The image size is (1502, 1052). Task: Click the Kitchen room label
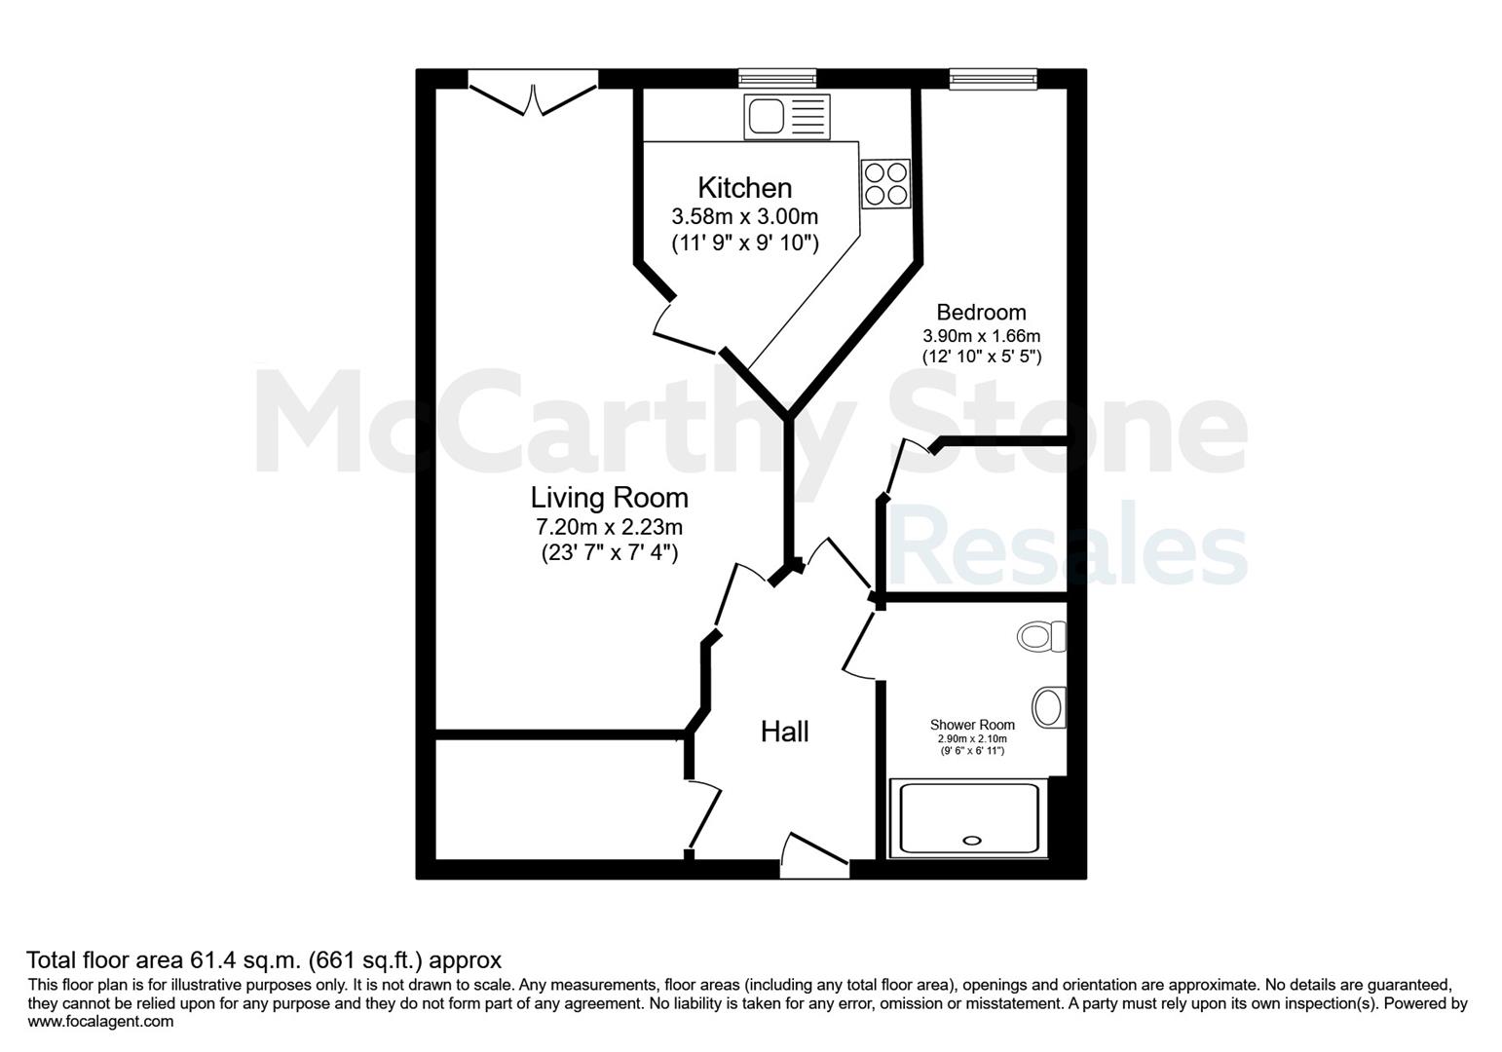[x=745, y=188]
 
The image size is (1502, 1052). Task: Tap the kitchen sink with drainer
[x=786, y=117]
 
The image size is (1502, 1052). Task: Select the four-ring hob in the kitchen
[x=886, y=184]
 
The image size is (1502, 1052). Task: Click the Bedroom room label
[x=981, y=313]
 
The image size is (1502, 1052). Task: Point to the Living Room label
[x=610, y=498]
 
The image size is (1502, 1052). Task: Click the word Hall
[x=784, y=732]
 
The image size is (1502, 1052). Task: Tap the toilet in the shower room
[x=1041, y=636]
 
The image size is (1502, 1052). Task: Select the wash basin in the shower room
[x=1049, y=707]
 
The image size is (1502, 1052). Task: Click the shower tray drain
[x=971, y=841]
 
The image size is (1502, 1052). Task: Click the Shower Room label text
[x=972, y=725]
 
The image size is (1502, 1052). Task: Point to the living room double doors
[x=533, y=93]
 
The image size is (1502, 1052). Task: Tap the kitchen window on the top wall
[x=778, y=79]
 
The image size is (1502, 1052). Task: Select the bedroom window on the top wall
[x=994, y=79]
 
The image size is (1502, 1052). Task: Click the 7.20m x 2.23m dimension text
[x=610, y=527]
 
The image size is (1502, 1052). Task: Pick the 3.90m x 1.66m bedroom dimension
[x=982, y=335]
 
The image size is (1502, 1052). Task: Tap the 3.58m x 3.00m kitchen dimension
[x=745, y=216]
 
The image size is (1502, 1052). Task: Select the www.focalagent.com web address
[x=100, y=1022]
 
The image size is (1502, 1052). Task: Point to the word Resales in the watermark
[x=1068, y=544]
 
